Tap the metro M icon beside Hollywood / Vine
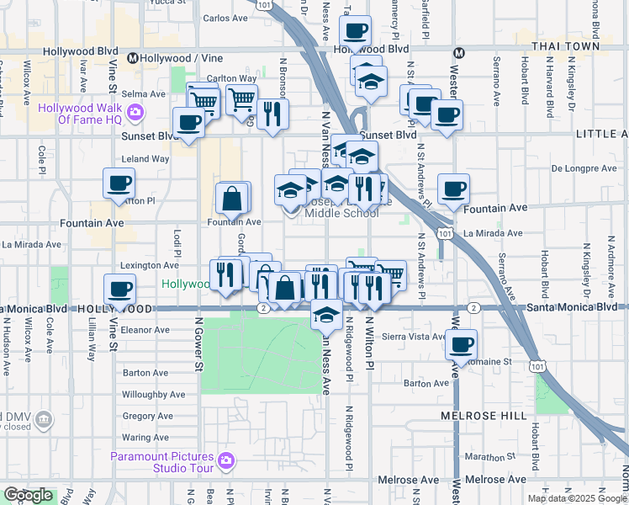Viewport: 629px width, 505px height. (133, 58)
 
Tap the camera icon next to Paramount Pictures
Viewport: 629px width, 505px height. (225, 460)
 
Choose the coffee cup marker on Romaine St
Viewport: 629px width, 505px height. (461, 344)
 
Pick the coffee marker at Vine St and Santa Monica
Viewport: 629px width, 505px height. (119, 289)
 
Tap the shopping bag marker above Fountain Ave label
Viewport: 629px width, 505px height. (232, 199)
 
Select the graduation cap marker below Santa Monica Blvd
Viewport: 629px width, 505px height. (326, 315)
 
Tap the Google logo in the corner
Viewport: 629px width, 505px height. (28, 495)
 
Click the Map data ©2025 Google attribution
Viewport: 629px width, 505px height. (577, 498)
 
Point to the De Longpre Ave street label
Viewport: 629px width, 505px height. (584, 168)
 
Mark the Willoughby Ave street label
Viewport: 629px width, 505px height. (153, 394)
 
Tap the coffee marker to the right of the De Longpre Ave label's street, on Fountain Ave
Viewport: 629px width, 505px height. (454, 189)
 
